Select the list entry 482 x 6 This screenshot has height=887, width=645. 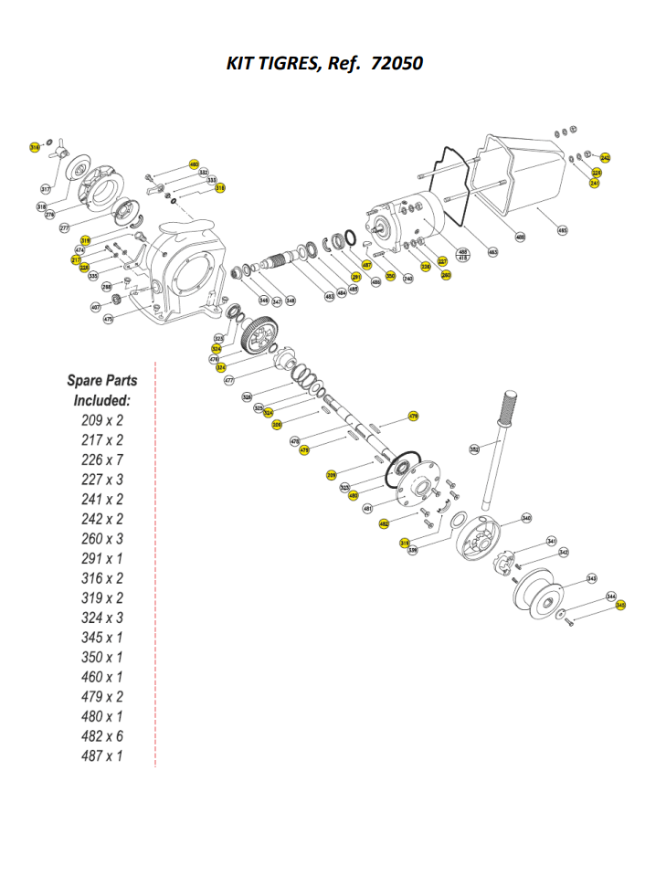coord(100,736)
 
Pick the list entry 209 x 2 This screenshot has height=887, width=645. coord(100,421)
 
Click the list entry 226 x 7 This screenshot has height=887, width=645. coord(100,460)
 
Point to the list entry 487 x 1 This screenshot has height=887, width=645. coord(100,756)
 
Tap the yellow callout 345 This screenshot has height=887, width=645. coord(621,605)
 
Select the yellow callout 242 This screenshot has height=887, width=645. coord(606,158)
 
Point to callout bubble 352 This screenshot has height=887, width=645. coord(474,449)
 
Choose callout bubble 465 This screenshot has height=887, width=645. coord(562,231)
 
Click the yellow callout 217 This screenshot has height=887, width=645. coord(76,259)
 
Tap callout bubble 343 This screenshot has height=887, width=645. coord(592,578)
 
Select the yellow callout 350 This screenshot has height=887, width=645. coord(390,276)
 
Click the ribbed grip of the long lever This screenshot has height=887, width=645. coord(510,405)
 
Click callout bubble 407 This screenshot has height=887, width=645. coord(95,308)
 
